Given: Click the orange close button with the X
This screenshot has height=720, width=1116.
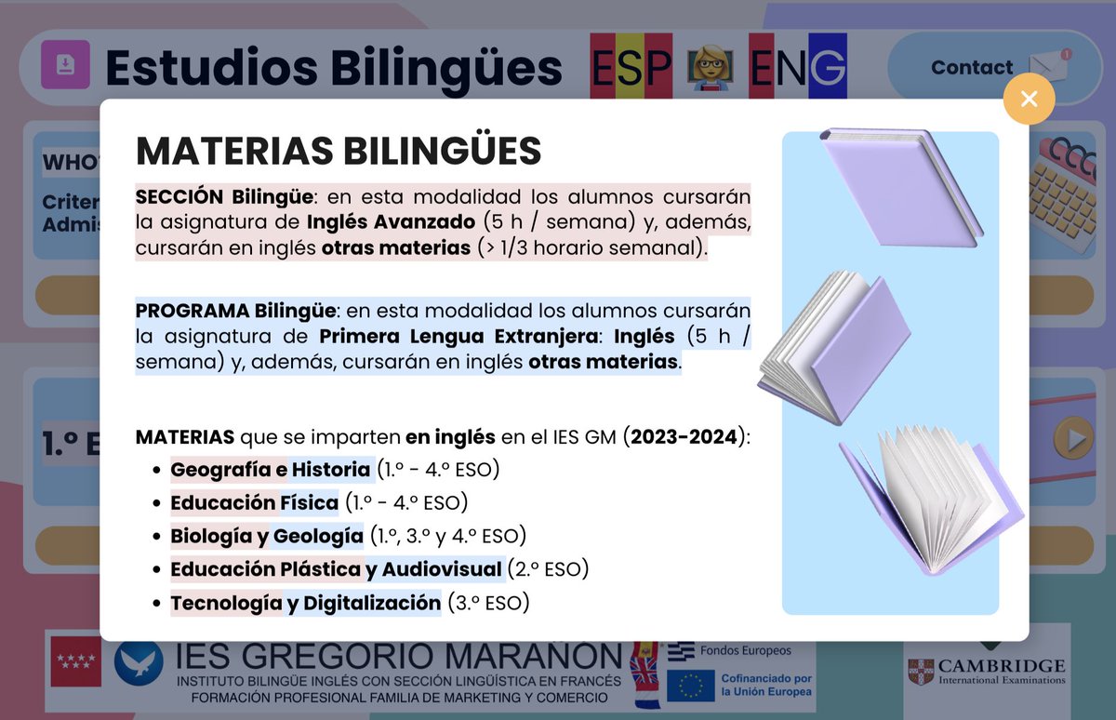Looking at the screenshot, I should coord(1029,99).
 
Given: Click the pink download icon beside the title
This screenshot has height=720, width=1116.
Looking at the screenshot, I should coord(65,65).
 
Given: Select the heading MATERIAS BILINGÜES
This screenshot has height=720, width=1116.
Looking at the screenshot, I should coord(339,151).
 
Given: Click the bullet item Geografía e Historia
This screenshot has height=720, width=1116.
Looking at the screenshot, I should coord(272,470).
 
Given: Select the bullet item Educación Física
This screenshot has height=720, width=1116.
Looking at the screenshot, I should coord(254,503).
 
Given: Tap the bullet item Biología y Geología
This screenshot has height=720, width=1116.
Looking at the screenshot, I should coord(267,536).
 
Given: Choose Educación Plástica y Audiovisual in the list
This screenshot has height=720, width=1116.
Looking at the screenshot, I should coord(336,569).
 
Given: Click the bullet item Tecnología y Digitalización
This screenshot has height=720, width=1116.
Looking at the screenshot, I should coord(305,603).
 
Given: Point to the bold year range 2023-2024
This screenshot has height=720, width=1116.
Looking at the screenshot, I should coord(684,437).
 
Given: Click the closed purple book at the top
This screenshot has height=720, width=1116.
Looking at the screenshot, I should coord(900,186).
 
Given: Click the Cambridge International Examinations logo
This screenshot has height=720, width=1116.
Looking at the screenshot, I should coord(986,670).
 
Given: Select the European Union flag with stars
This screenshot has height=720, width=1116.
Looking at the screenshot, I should coord(691,686).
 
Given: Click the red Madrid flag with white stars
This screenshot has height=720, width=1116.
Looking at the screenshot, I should coord(75,660).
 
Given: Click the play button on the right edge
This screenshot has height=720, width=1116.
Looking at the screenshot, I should coord(1072,438).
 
